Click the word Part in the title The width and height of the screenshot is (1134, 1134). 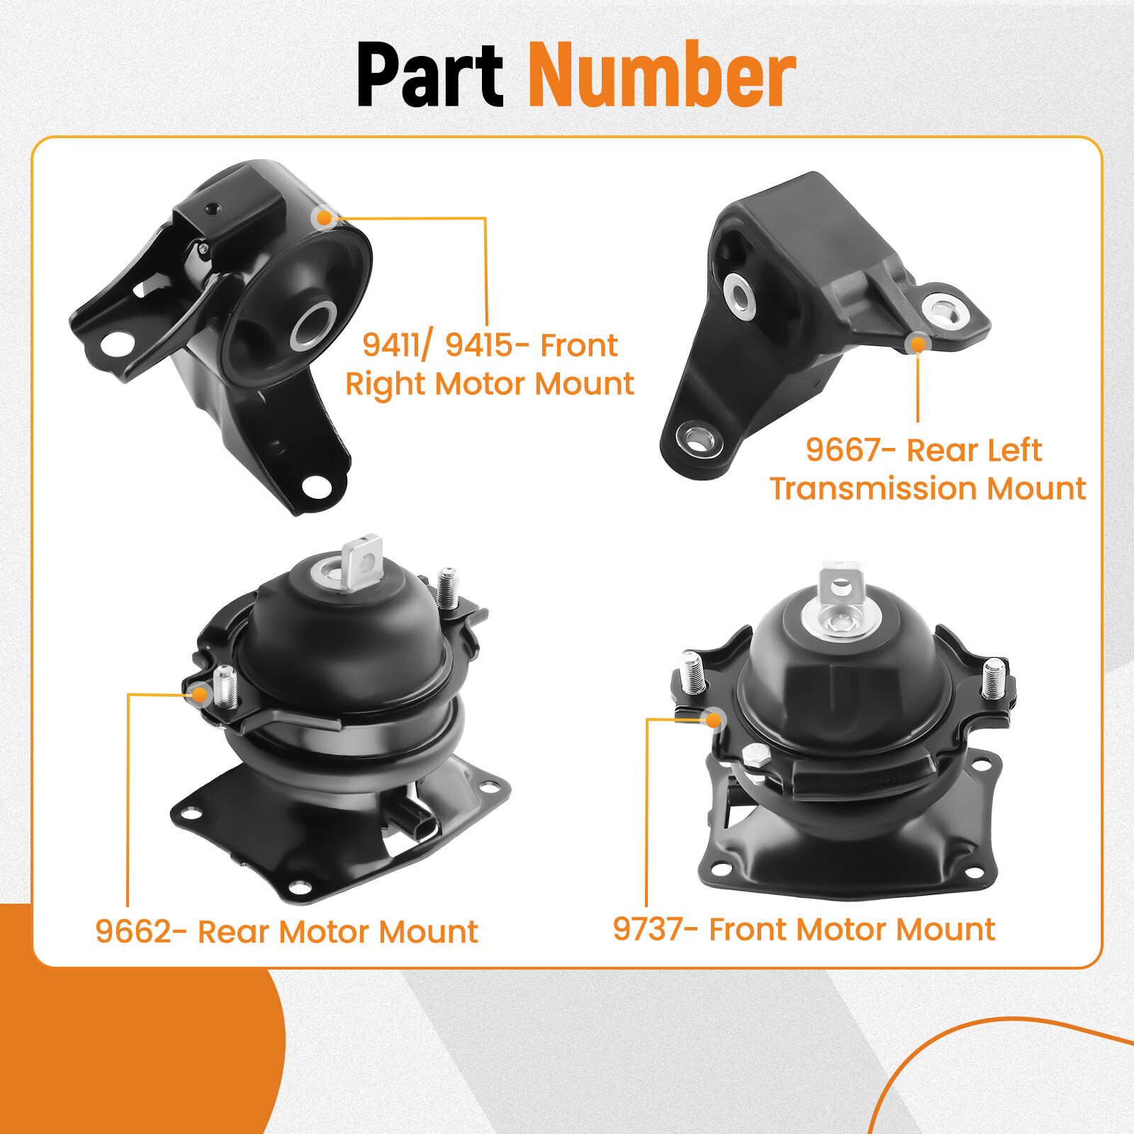[430, 74]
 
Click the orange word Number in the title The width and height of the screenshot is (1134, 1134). [662, 74]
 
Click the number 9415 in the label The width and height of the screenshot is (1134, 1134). [479, 345]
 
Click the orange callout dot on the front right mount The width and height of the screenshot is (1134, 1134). [325, 218]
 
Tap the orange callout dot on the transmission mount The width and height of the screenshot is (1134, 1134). [918, 344]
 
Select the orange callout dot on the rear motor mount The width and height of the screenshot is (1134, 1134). [200, 694]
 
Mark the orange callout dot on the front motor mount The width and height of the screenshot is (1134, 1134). [714, 720]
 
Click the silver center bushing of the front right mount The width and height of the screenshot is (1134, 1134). [313, 325]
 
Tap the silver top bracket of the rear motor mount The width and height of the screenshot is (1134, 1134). [361, 562]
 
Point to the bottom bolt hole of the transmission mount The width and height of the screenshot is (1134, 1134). [698, 439]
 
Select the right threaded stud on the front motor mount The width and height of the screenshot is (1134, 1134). [994, 678]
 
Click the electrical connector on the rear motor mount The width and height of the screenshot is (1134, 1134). [418, 822]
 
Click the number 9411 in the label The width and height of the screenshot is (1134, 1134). [391, 345]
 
